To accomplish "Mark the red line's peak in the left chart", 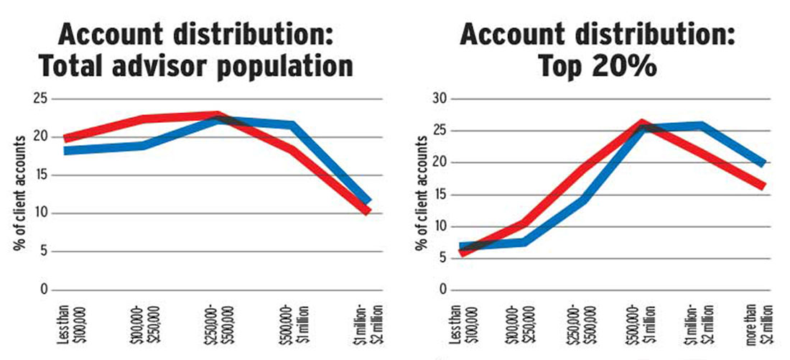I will (218, 115).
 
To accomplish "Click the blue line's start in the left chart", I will (66, 151).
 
